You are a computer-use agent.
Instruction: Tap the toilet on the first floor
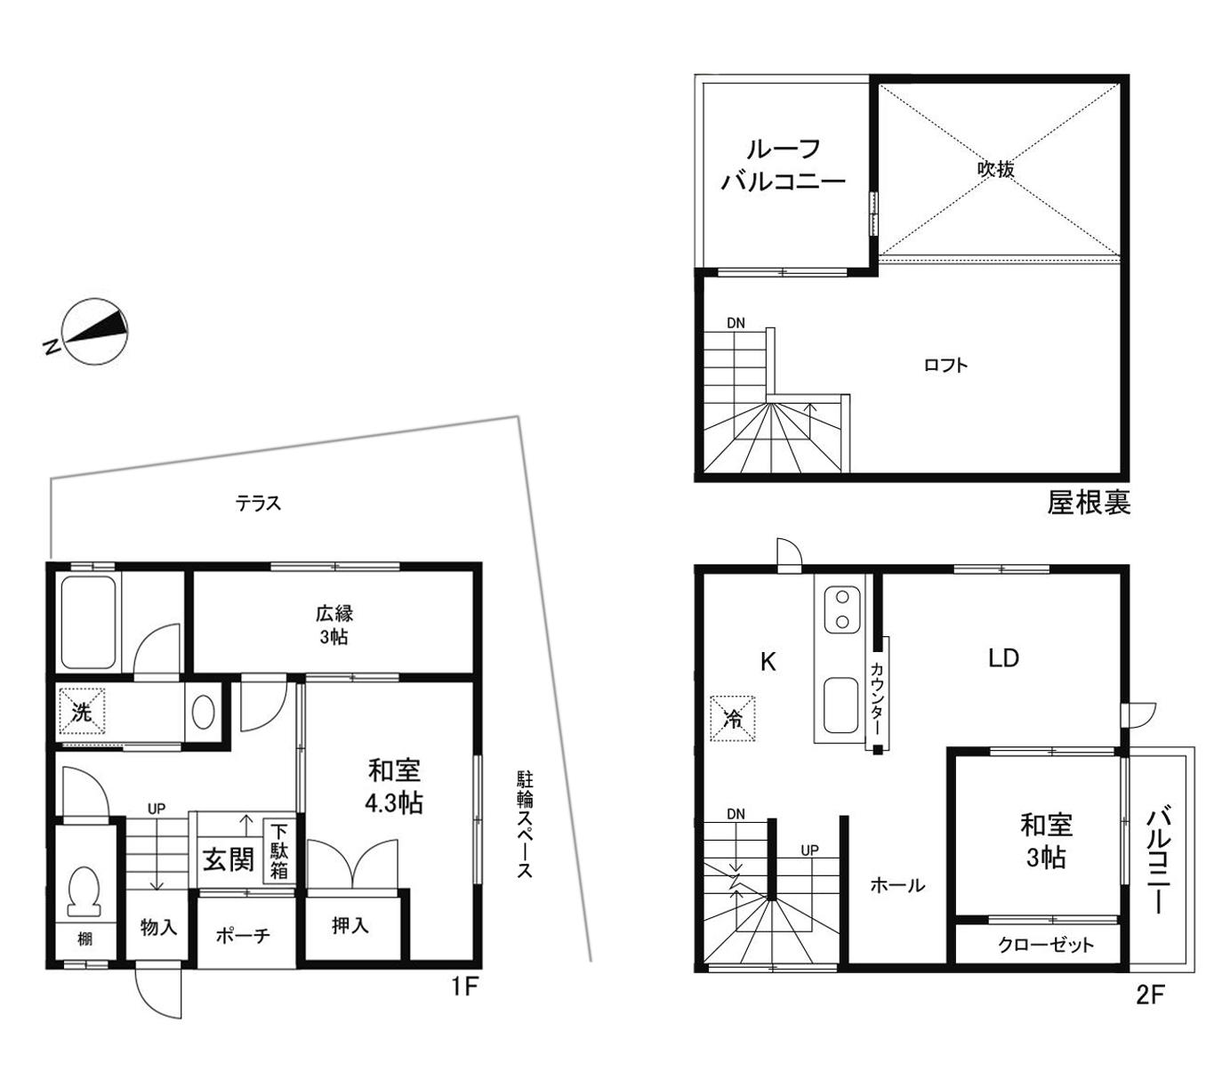tap(84, 891)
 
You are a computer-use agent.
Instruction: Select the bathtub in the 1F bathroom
tap(88, 623)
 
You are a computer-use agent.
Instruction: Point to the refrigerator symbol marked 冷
tap(732, 718)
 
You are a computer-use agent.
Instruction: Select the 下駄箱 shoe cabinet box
tap(279, 850)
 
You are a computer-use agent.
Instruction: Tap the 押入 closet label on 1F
tap(350, 926)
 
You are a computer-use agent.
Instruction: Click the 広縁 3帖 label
tap(334, 625)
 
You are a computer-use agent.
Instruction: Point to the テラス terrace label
tap(258, 504)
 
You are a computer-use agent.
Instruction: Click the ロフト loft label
tap(945, 365)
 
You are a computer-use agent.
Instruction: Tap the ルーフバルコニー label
tap(784, 165)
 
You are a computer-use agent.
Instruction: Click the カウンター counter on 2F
tap(877, 693)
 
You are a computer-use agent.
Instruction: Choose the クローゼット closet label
tap(1046, 945)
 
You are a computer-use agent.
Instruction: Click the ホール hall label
tap(897, 884)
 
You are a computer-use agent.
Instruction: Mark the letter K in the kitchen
tap(768, 662)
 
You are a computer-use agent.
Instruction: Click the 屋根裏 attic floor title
tap(1089, 503)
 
